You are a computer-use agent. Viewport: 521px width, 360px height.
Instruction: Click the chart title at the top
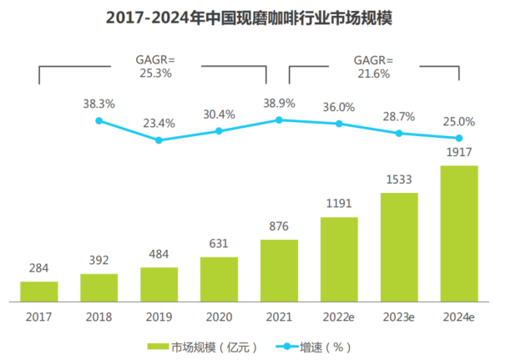260,18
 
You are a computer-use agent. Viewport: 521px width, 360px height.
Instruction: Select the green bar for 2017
39,291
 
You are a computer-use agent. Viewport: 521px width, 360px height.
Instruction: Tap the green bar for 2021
279,270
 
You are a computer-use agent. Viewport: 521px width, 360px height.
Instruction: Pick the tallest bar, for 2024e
459,233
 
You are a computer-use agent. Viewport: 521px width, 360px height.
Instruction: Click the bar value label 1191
339,205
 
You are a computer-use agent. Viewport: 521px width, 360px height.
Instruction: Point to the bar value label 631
219,245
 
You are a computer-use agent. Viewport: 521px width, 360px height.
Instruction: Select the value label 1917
459,154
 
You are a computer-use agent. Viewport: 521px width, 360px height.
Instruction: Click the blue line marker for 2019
159,140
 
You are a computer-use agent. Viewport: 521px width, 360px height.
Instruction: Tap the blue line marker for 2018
99,121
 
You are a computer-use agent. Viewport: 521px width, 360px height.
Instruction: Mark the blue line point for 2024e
459,138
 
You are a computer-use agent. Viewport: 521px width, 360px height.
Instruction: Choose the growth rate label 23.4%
159,123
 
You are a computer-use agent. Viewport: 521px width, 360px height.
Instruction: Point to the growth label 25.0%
459,121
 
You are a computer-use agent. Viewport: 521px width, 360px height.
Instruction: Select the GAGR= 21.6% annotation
374,66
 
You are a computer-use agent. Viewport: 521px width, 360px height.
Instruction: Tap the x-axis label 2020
219,317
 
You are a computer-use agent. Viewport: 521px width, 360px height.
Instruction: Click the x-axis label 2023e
399,317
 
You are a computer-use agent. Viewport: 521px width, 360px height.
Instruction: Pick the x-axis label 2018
99,317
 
